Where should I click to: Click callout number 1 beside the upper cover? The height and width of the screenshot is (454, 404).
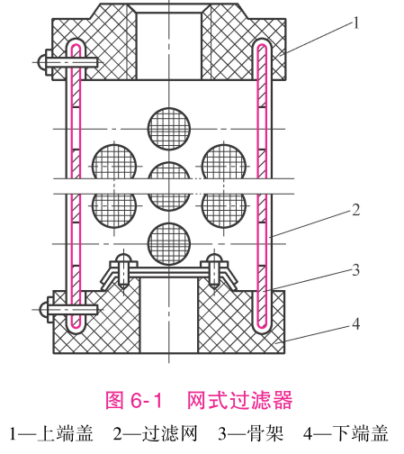point(356,23)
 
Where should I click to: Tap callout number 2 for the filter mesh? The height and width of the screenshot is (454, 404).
point(355,210)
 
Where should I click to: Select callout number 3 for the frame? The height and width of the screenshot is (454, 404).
point(355,270)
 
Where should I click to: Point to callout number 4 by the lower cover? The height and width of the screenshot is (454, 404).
point(355,324)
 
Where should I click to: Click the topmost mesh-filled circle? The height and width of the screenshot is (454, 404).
point(169,129)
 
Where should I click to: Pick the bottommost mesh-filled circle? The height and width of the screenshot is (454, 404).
point(169,244)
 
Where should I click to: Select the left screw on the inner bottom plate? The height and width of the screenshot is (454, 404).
point(124,270)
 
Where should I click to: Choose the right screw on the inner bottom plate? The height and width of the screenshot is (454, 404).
point(214,270)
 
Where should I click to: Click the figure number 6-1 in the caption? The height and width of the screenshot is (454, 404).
point(147,400)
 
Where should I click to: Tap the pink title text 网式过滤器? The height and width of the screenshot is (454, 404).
point(239,400)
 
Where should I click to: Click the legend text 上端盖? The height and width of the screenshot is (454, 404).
point(65,433)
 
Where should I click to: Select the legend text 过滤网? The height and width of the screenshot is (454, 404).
point(169,433)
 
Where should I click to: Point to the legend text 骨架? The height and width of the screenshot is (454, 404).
point(265,433)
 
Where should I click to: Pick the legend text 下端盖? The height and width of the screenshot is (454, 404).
point(361,433)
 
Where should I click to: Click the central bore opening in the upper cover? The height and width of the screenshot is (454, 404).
point(169,46)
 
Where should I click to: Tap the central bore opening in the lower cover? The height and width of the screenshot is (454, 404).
point(169,315)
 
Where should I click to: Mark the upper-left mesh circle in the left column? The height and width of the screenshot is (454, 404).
point(114,162)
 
